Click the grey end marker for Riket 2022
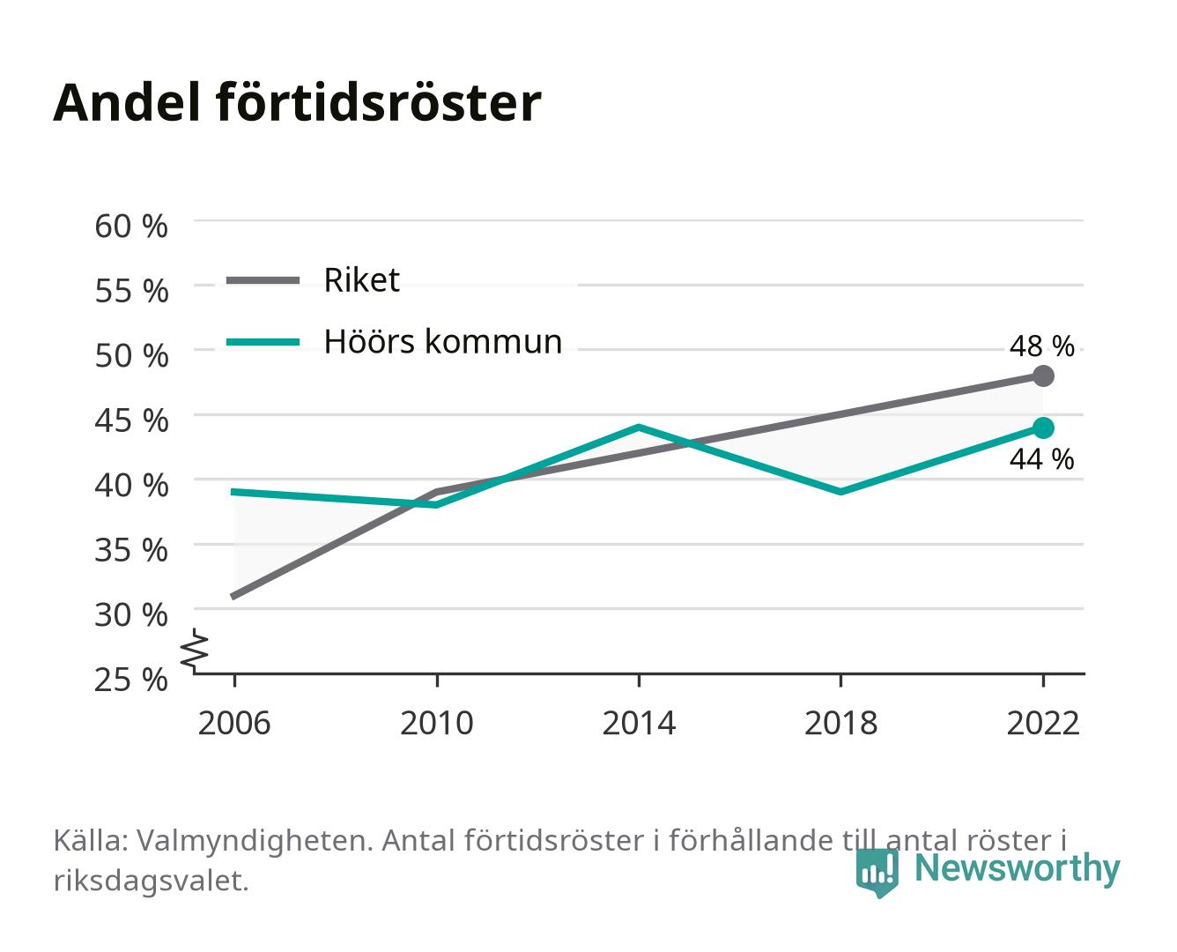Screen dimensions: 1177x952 (x=1043, y=376)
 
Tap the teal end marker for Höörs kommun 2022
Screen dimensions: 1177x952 (x=1043, y=428)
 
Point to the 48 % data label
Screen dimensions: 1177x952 (x=1041, y=346)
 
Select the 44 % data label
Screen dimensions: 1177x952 (x=1041, y=459)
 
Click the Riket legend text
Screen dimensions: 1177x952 (x=361, y=279)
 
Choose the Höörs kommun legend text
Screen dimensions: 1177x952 (x=442, y=341)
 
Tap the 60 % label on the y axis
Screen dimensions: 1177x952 (x=131, y=227)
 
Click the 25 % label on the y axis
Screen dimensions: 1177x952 (x=131, y=680)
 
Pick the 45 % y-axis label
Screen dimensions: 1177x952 (x=131, y=420)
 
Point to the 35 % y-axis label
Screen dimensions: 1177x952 (x=131, y=550)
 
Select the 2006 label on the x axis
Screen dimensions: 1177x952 (x=234, y=723)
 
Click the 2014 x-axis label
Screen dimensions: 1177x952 (x=639, y=723)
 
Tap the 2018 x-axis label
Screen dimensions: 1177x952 (x=840, y=723)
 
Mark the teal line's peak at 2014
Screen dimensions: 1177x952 (x=639, y=428)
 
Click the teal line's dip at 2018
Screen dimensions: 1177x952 (x=840, y=492)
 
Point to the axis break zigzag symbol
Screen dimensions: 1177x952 (x=195, y=651)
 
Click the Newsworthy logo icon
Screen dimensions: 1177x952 (x=877, y=873)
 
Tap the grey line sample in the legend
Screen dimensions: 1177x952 (x=263, y=280)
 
